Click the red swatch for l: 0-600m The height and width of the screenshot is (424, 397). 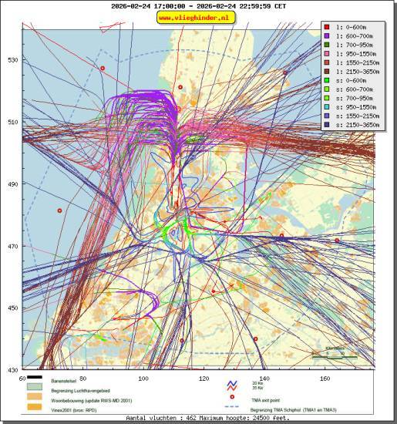[327, 27]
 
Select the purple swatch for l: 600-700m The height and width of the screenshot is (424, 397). [327, 37]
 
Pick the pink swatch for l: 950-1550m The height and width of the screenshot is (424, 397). [327, 54]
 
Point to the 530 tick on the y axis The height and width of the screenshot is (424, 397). [12, 59]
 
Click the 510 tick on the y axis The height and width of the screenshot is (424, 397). [12, 122]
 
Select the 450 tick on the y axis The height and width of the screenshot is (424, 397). [12, 308]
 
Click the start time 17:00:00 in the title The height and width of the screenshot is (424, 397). [166, 5]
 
